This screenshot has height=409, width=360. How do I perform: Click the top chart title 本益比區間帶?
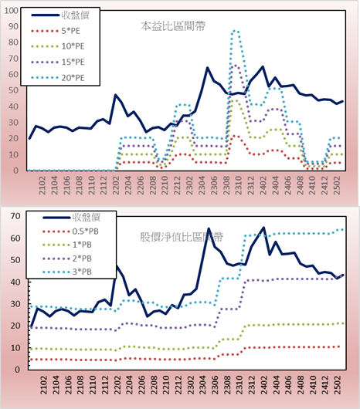[x=173, y=26]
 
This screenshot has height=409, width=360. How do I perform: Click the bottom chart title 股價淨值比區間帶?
[x=182, y=237]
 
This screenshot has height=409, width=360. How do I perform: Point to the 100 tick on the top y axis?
[x=12, y=11]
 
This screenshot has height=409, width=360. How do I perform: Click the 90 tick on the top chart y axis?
[x=13, y=26]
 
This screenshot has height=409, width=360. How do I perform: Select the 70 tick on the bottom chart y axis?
[x=15, y=216]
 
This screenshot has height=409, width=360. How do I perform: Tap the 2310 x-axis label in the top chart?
[x=239, y=185]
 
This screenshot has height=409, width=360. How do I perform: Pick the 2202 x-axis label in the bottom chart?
[x=117, y=385]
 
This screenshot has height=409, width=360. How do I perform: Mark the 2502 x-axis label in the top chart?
[x=338, y=185]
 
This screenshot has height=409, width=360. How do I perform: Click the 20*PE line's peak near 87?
[x=235, y=31]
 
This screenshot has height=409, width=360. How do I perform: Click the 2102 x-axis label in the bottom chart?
[x=43, y=385]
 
